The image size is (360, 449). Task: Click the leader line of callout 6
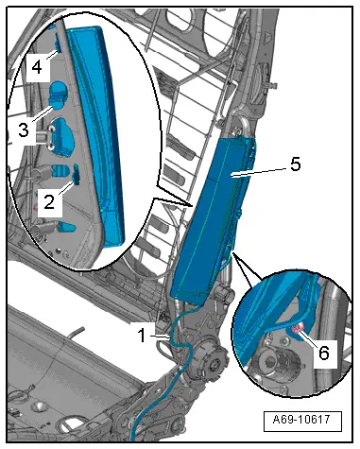click(310, 340)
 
